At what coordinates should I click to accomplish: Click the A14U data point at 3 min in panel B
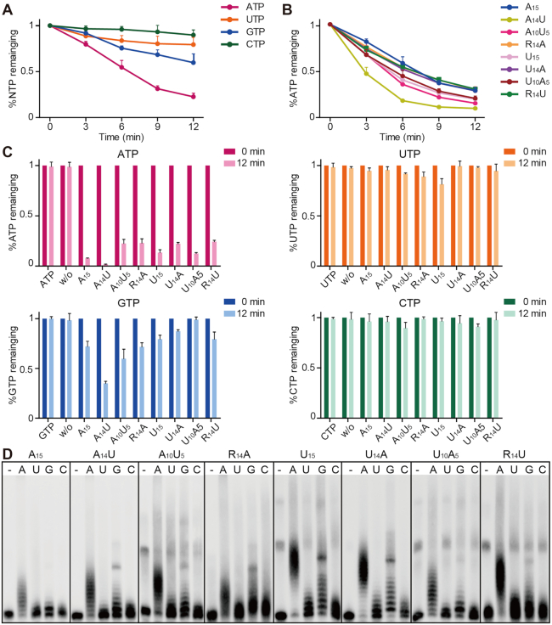coord(366,74)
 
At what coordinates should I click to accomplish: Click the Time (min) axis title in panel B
coord(403,135)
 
